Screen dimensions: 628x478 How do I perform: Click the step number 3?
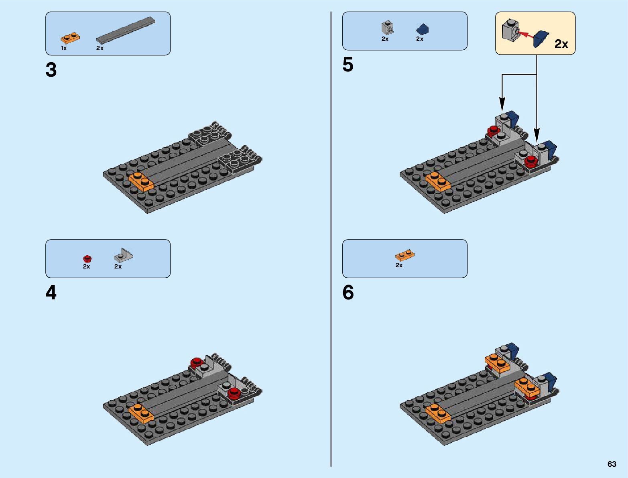click(x=51, y=70)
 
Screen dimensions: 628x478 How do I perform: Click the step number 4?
click(x=51, y=293)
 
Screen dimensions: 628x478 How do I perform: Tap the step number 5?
click(x=348, y=65)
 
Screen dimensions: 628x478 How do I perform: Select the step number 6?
click(x=348, y=293)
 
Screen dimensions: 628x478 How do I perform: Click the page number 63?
click(x=612, y=464)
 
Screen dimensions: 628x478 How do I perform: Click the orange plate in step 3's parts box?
click(x=70, y=38)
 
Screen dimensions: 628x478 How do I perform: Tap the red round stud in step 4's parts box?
click(x=87, y=258)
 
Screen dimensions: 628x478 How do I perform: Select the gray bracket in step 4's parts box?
click(x=123, y=255)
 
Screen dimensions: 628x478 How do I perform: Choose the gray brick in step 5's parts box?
click(x=387, y=28)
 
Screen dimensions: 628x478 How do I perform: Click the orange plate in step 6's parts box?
click(x=404, y=255)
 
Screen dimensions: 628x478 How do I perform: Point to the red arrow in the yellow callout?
click(x=527, y=35)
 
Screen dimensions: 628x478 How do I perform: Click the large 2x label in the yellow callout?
click(x=561, y=44)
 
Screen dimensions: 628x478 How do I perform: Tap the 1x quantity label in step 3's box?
click(x=64, y=48)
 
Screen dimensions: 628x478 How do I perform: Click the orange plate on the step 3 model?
click(x=141, y=181)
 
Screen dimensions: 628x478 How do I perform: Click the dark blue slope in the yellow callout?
click(x=541, y=39)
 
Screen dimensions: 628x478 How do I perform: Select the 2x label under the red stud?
click(x=86, y=266)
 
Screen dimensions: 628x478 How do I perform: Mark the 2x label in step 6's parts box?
click(x=399, y=265)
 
